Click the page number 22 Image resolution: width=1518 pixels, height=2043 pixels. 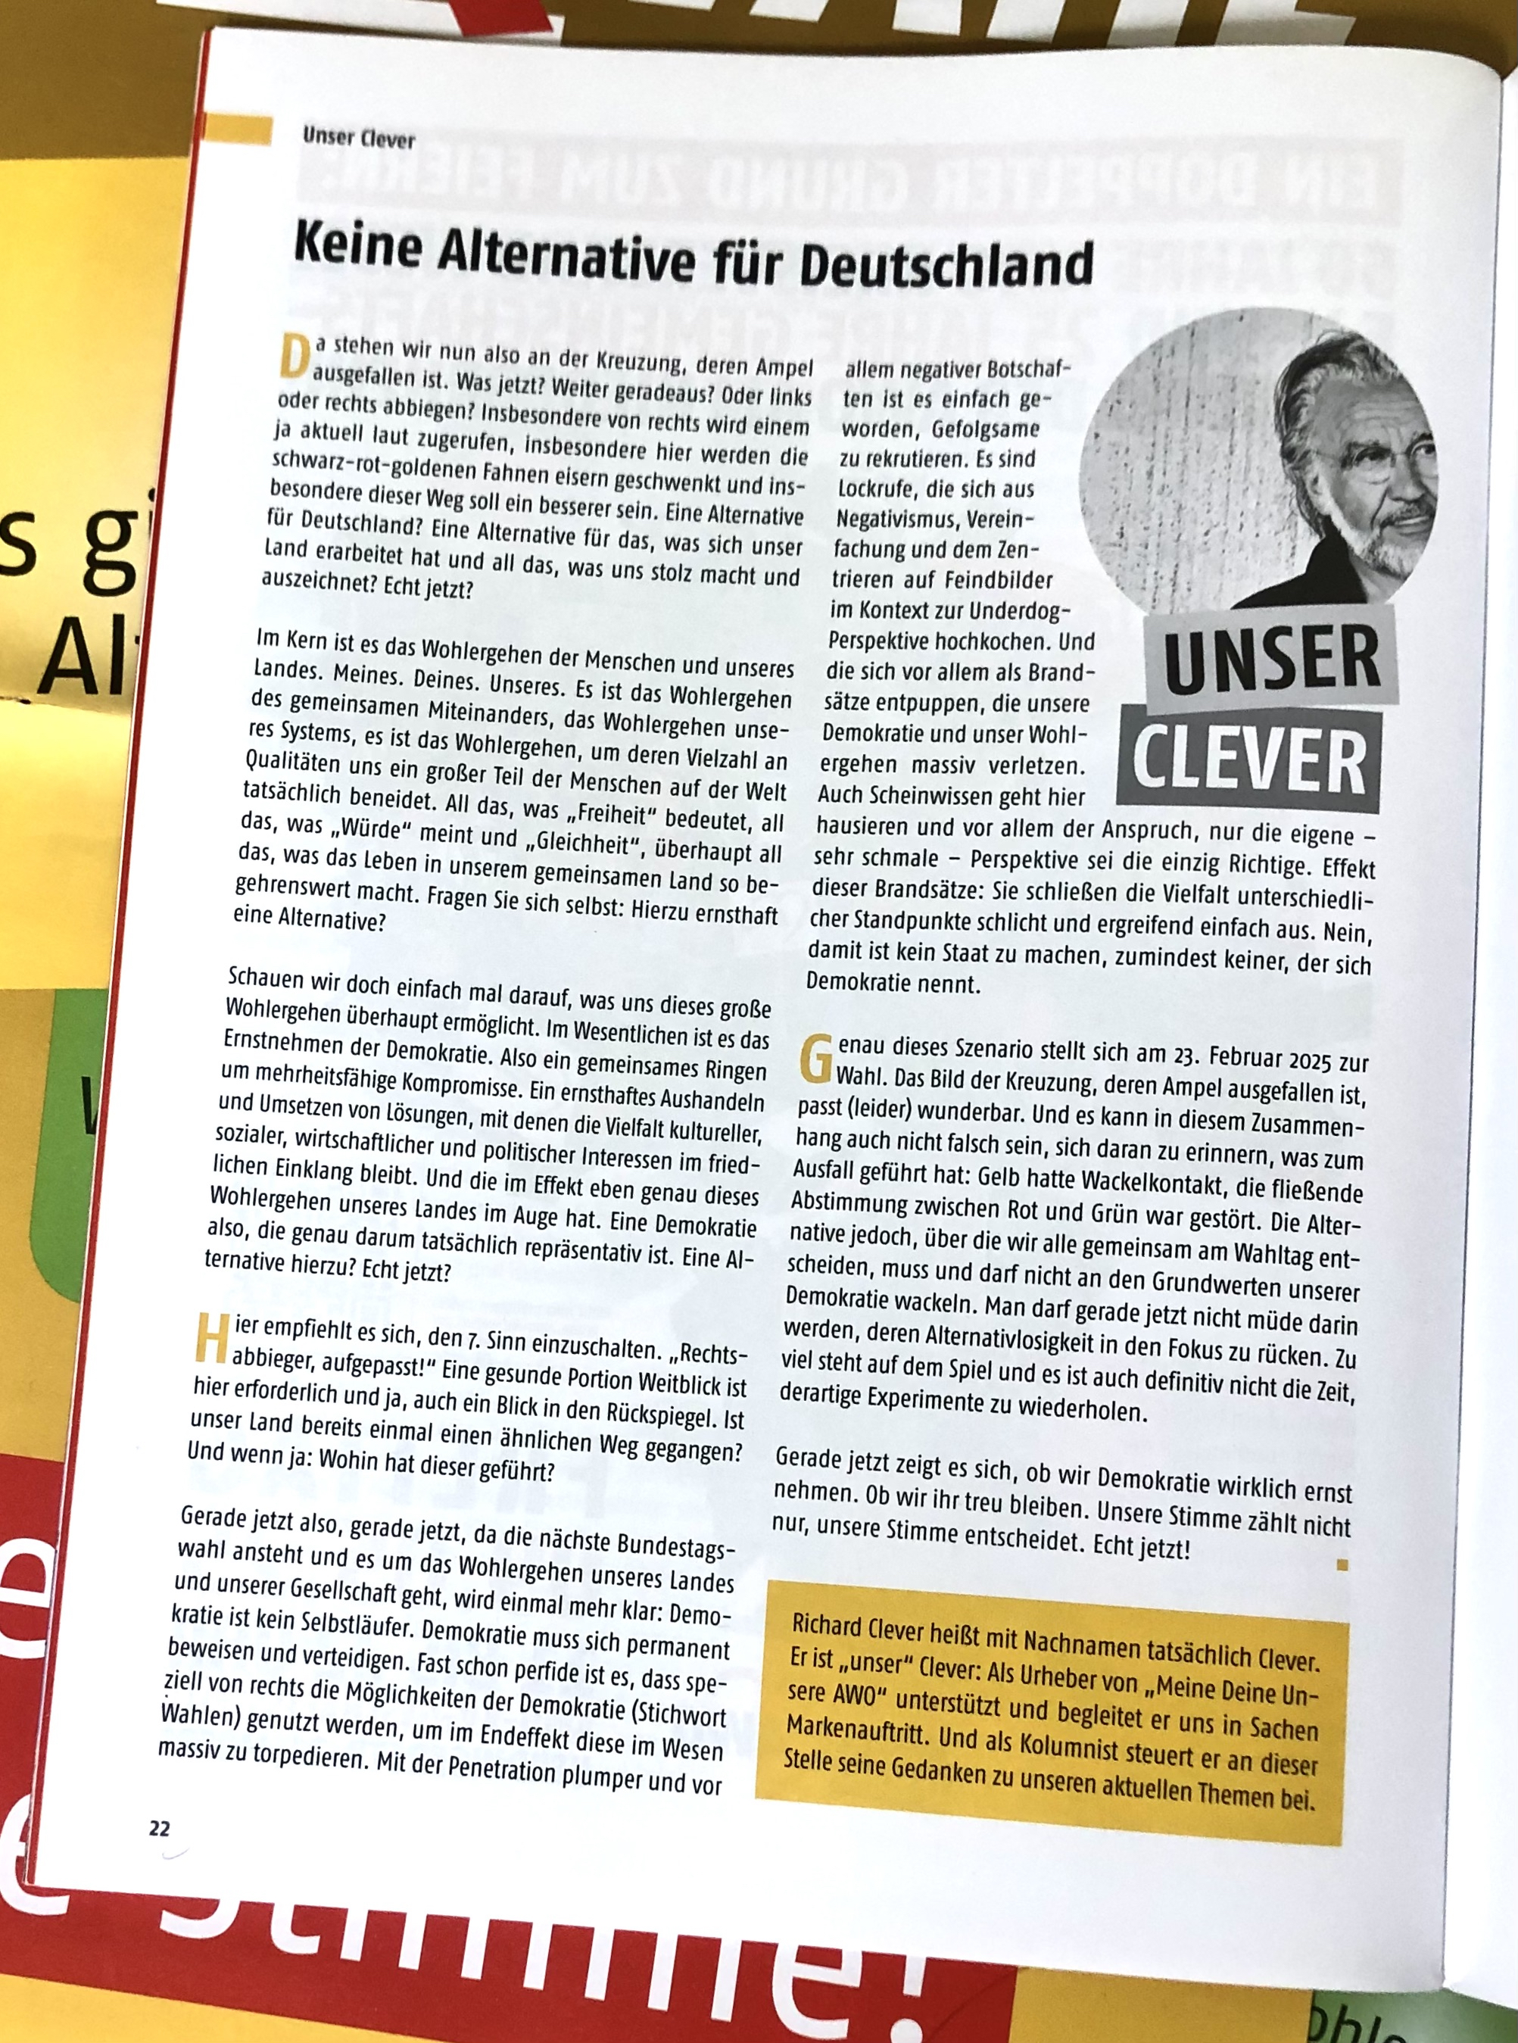159,1828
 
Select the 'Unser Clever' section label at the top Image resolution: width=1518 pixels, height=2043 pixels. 358,138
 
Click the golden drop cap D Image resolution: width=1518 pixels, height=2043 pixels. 293,357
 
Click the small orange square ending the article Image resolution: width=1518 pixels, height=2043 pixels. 1342,1564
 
